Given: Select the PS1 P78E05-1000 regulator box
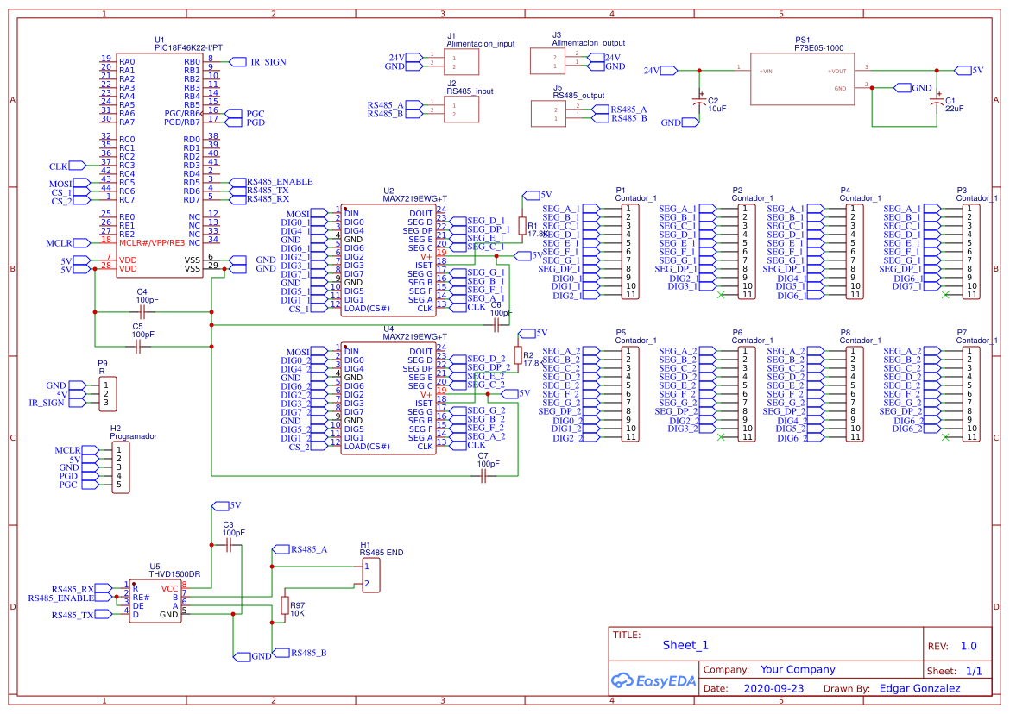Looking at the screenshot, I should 801,79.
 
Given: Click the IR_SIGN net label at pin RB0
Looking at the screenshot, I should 268,62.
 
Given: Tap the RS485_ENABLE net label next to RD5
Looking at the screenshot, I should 279,182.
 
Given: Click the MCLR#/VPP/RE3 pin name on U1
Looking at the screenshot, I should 151,242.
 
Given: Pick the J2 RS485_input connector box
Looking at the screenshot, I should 461,108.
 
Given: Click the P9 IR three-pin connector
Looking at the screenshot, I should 106,393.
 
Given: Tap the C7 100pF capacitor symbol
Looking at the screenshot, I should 483,475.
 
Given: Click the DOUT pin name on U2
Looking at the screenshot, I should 420,213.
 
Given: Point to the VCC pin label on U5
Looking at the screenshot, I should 169,588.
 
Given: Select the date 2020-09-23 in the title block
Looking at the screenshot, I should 773,689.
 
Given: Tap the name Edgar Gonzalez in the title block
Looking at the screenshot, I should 919,688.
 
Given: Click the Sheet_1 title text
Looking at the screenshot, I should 685,645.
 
